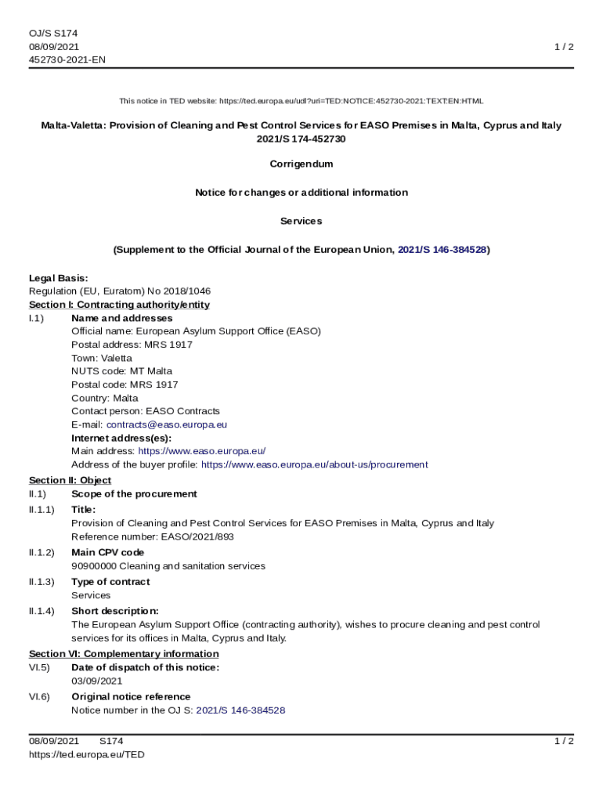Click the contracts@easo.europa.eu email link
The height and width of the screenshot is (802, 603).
166,424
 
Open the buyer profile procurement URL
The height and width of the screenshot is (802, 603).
314,464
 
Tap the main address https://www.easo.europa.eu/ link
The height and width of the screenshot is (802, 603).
202,451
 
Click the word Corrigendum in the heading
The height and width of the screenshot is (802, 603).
301,164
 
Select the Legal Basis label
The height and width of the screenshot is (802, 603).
59,278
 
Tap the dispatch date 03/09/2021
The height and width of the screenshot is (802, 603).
96,681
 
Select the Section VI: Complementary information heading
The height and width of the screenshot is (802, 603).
124,654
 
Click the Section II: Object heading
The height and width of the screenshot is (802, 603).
70,480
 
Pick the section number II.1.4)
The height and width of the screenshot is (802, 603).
42,611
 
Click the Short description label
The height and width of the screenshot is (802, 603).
114,611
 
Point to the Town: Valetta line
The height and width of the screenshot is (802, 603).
102,358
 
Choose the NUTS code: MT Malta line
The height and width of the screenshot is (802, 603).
121,371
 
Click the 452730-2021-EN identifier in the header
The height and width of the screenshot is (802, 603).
67,60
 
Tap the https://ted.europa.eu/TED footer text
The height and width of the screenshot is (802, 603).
87,754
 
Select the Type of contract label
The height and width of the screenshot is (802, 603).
110,582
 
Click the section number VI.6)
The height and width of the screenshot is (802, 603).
39,697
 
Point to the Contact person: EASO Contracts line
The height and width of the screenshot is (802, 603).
146,411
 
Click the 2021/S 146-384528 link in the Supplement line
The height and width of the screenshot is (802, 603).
442,250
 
